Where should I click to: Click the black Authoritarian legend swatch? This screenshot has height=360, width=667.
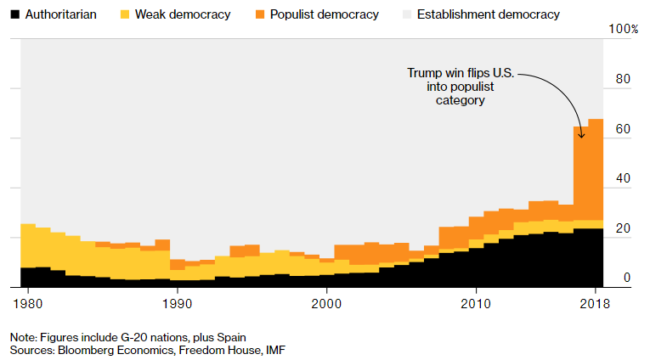14,14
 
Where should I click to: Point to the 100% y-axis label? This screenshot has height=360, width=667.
625,30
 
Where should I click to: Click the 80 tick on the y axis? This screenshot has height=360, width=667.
623,80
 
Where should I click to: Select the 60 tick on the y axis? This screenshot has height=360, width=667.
623,130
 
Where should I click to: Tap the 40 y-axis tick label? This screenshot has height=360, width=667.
623,179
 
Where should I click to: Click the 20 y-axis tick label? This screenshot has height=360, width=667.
623,228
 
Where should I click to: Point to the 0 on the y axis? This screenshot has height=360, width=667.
627,278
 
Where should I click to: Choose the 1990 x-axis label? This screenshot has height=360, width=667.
178,303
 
